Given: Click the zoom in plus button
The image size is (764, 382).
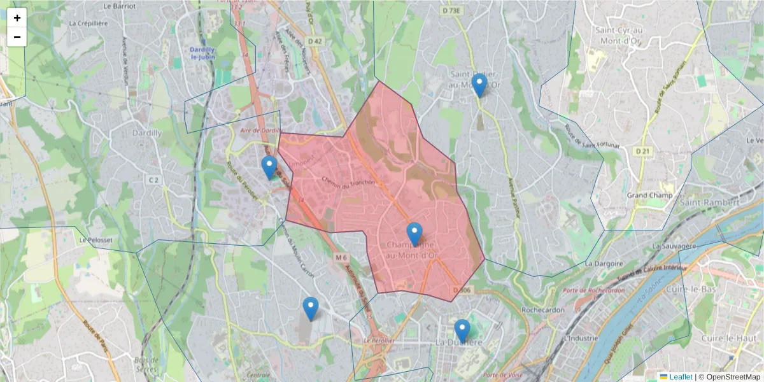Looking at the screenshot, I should coord(17,18).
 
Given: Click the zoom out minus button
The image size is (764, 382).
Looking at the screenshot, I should coord(17,37).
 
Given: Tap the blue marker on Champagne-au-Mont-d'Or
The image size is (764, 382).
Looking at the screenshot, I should coord(414,234).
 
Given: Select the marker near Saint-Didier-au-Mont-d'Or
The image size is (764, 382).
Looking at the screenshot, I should coord(479,85).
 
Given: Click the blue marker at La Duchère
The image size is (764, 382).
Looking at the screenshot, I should coord(462,330).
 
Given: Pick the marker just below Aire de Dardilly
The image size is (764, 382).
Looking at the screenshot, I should coord(269,167).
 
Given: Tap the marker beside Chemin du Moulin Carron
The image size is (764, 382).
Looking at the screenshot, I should coord(311,308).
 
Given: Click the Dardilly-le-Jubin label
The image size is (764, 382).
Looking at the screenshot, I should coord(203,53).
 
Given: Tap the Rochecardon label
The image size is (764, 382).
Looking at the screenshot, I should coord(540,310).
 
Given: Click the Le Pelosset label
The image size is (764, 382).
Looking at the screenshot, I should coord(91,241).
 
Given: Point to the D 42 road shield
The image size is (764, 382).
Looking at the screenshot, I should coord(315,41).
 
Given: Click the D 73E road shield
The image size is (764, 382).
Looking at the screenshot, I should coord(453,10).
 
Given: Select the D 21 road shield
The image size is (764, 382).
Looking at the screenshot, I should coord(643,151).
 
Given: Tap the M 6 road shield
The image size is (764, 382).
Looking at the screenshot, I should coord(341,257).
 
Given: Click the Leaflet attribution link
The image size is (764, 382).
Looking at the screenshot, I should coord(681,377).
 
